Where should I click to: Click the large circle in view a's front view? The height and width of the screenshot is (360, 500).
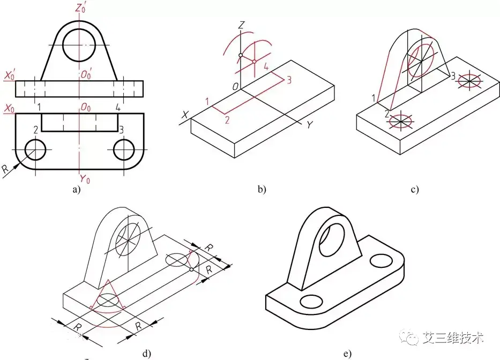[x=79, y=45]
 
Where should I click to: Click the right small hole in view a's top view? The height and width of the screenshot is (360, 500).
[x=125, y=149]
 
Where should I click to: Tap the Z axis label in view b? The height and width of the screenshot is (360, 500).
[x=242, y=25]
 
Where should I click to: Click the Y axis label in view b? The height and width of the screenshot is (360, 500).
[x=309, y=124]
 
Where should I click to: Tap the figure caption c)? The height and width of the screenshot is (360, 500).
[x=414, y=189]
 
